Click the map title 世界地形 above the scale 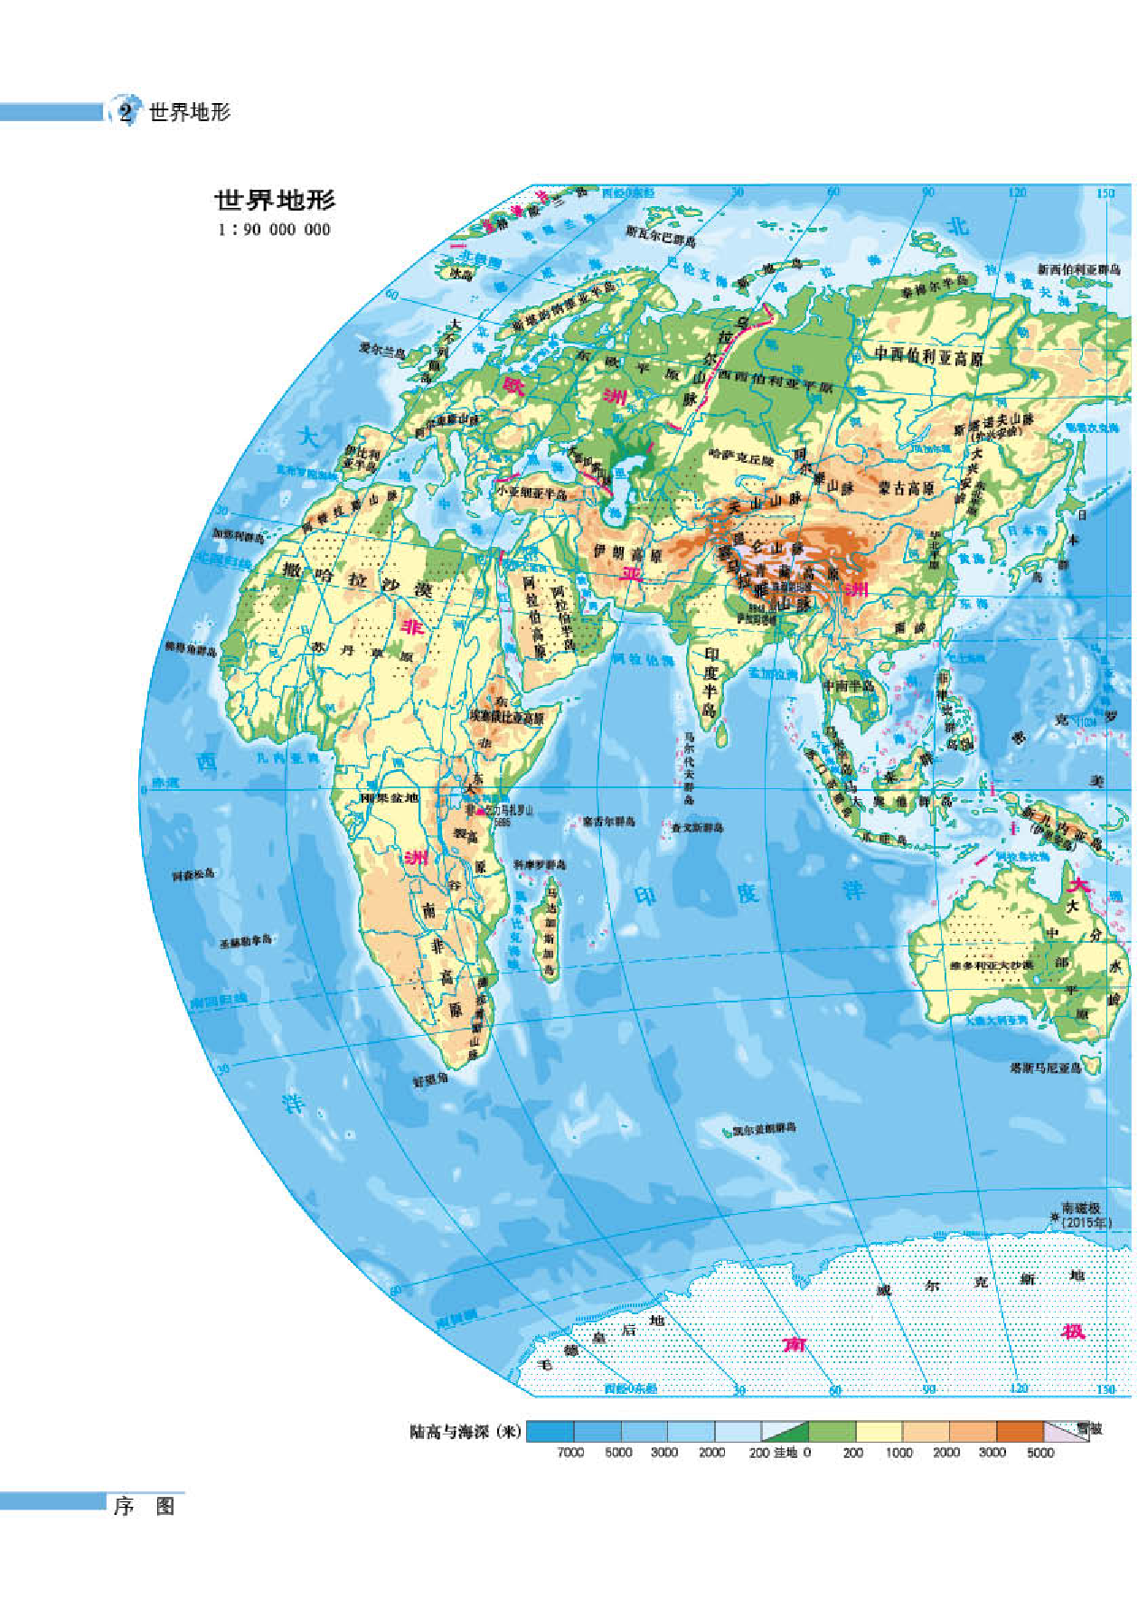[275, 200]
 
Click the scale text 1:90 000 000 [274, 230]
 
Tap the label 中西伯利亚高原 [928, 356]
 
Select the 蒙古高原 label [906, 488]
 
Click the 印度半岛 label [711, 680]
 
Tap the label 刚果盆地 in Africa [390, 797]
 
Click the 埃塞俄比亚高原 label [506, 718]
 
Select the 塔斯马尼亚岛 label [1045, 1068]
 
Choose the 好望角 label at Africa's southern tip [430, 1079]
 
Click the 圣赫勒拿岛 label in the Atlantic [245, 942]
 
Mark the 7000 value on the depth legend [570, 1452]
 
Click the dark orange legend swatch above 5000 [1020, 1431]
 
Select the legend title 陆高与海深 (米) [465, 1432]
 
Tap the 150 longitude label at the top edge [1105, 193]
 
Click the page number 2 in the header [126, 112]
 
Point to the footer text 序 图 [144, 1506]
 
